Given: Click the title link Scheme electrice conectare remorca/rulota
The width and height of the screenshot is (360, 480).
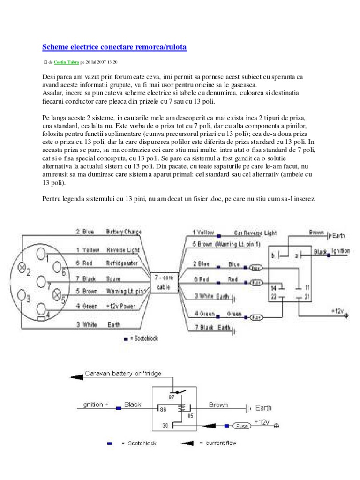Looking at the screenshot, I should (114, 47).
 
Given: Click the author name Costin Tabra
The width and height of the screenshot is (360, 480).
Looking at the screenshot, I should (66, 62).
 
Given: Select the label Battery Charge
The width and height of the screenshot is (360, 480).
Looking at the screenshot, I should (124, 232).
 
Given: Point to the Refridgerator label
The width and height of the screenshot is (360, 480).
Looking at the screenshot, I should (122, 263).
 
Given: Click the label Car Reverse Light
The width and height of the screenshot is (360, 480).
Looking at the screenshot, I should (255, 232).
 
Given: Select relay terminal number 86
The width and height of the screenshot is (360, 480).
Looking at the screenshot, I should (163, 409).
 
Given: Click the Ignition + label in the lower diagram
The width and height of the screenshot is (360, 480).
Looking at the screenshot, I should (95, 405).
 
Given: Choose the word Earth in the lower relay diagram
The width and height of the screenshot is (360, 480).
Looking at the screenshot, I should (263, 408).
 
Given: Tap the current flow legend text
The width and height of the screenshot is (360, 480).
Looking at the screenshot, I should (222, 443).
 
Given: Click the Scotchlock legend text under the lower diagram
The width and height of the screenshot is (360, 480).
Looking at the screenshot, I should (142, 443).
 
